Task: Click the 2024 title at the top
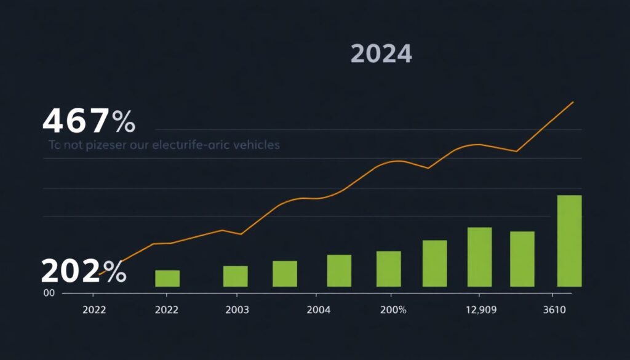(x=381, y=54)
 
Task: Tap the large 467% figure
(x=89, y=121)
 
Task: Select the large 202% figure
(x=84, y=271)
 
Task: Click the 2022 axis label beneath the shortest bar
(x=167, y=310)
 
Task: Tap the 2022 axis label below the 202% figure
(x=94, y=310)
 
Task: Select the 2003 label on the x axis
(x=237, y=310)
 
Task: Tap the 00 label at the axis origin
(x=49, y=294)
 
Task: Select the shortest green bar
(x=167, y=278)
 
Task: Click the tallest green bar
(x=569, y=241)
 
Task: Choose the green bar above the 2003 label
(x=235, y=276)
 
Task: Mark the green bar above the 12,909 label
(x=479, y=257)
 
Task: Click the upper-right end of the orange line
(x=573, y=102)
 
